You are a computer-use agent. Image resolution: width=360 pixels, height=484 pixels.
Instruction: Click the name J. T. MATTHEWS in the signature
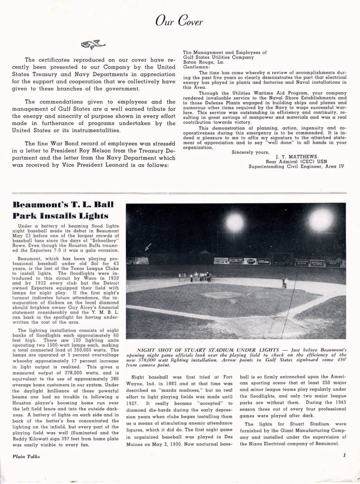tap(296, 156)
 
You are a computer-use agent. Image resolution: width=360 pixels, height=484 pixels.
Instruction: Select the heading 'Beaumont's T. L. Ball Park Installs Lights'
tap(63, 210)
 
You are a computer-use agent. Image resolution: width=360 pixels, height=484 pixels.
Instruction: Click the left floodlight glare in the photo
tap(235, 222)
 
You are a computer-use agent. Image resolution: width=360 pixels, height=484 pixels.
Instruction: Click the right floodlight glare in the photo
tap(321, 219)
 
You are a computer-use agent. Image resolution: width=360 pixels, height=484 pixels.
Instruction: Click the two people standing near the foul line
tap(285, 282)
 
